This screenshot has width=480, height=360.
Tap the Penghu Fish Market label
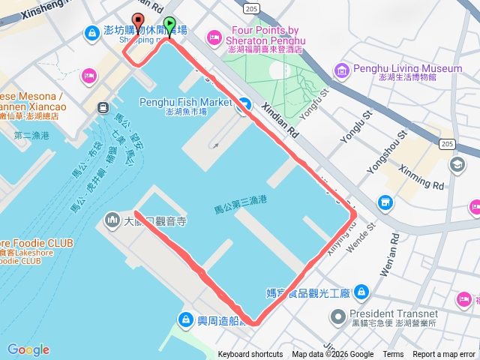[x=186, y=102]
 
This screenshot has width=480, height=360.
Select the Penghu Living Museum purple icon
[x=342, y=70]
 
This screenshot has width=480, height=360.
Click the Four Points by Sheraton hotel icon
[x=215, y=35]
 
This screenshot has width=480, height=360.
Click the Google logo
[x=28, y=349]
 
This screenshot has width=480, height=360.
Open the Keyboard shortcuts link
[x=250, y=355]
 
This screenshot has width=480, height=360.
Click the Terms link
[x=393, y=355]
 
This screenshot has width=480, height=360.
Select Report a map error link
[x=444, y=355]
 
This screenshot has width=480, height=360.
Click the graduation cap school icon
[x=457, y=164]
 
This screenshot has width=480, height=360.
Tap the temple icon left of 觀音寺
[x=112, y=220]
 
